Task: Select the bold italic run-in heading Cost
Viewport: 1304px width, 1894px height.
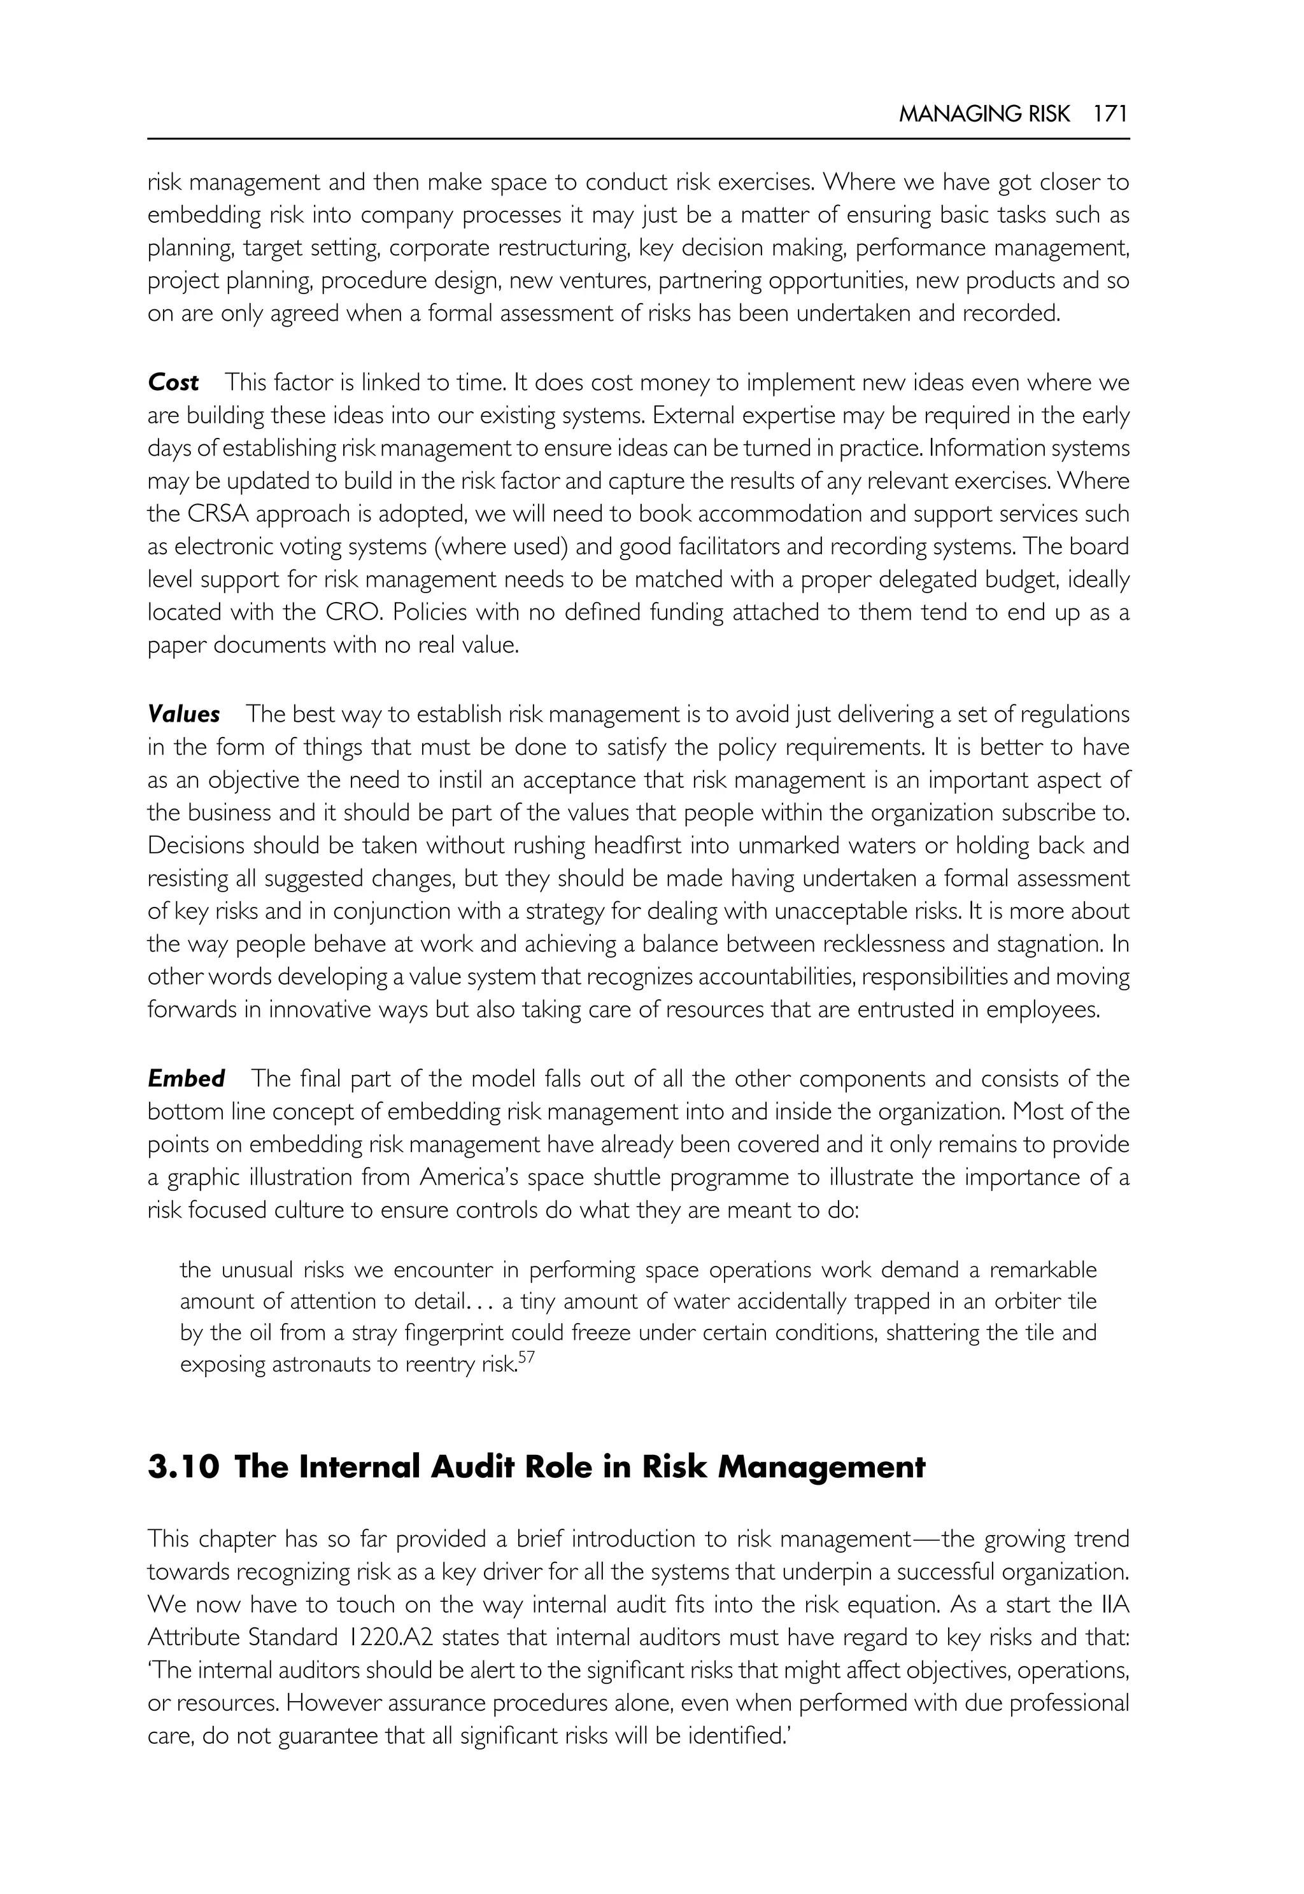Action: [173, 383]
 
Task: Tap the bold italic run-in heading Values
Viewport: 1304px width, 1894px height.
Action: [184, 715]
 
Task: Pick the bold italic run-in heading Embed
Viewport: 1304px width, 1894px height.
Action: [187, 1079]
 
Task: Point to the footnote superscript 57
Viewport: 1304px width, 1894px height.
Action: [526, 1359]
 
